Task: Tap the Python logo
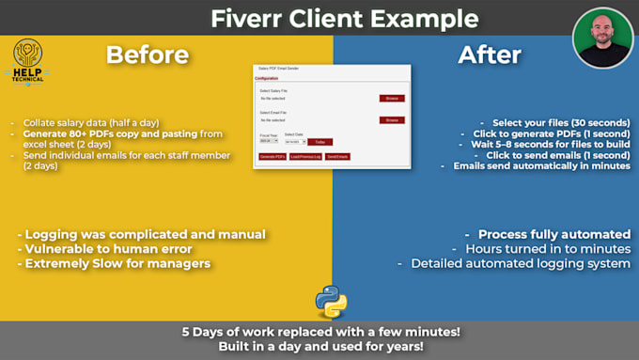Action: [331, 300]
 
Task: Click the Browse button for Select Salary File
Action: [392, 98]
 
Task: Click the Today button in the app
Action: [320, 142]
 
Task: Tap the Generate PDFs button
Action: [273, 156]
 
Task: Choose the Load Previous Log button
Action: [304, 156]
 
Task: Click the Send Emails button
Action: [336, 156]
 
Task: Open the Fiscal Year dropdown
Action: [268, 142]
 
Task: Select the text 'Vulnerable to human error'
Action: [117, 249]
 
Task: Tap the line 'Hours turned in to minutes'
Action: [548, 248]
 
